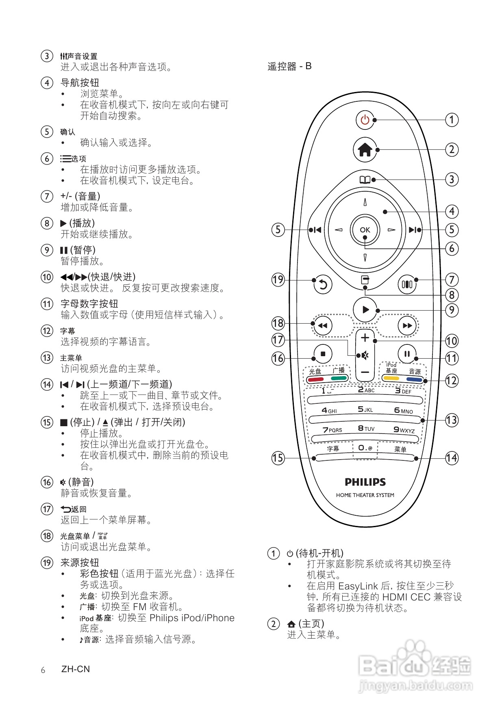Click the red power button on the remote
(365, 120)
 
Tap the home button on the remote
(365, 150)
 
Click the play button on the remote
(365, 310)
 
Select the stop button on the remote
(323, 354)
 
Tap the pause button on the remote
(407, 354)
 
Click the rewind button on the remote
(323, 326)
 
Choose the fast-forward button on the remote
(407, 326)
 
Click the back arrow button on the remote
(323, 285)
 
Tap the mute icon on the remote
(365, 355)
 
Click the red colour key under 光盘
(315, 379)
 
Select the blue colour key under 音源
(414, 379)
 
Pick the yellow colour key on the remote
(391, 378)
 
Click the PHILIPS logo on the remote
(365, 482)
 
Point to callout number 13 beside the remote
(452, 420)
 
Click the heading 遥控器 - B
(289, 66)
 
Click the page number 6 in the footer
(43, 670)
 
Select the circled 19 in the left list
(47, 563)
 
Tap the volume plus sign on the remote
(365, 337)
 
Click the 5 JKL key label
(365, 410)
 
